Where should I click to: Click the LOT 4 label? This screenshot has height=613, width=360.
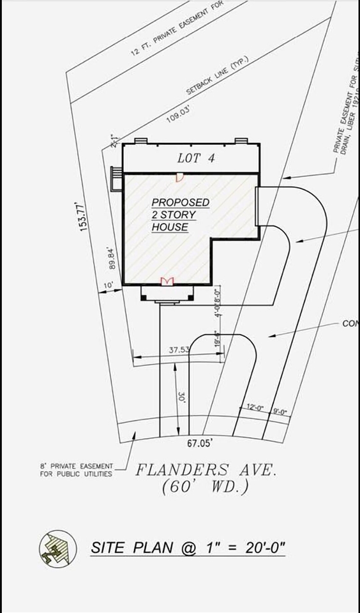[x=196, y=158]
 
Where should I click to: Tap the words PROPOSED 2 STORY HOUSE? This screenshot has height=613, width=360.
[x=179, y=215]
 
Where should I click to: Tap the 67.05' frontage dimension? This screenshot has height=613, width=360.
[x=200, y=442]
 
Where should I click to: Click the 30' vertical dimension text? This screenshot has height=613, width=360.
[x=182, y=397]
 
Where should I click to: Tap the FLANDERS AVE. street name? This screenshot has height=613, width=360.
[x=206, y=471]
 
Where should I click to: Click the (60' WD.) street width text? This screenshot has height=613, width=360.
[x=206, y=487]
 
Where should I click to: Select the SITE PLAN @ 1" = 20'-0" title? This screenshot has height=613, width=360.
[x=188, y=547]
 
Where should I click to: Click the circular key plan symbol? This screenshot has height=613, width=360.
[x=54, y=547]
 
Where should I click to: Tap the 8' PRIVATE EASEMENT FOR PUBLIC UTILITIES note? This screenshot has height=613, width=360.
[x=76, y=470]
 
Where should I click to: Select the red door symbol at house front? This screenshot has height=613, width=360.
[x=167, y=281]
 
